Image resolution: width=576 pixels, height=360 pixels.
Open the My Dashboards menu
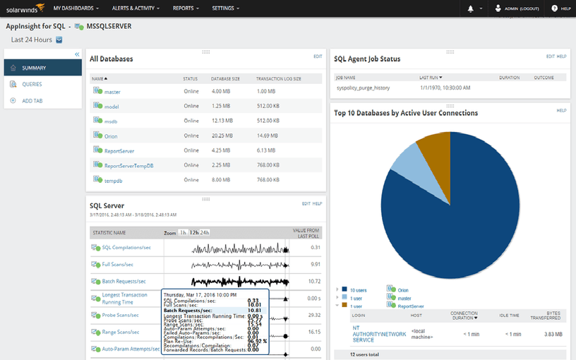click(76, 8)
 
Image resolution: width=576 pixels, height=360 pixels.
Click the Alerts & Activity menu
click(136, 8)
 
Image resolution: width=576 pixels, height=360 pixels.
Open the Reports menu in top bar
click(186, 8)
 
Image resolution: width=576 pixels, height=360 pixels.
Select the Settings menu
click(226, 8)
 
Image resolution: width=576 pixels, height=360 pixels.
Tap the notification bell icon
click(471, 8)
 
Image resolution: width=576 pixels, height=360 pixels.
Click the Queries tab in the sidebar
click(32, 84)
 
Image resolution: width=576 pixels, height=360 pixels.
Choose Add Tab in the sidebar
click(32, 101)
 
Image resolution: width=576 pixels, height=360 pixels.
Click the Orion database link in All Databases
click(111, 136)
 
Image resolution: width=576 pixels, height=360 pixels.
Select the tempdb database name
click(113, 180)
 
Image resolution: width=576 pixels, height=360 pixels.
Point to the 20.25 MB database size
click(222, 136)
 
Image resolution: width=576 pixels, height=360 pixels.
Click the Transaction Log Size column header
click(279, 78)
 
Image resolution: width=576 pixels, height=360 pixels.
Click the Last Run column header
click(431, 77)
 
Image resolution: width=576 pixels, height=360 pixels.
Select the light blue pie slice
click(405, 162)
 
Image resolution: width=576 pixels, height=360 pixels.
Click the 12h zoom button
click(193, 232)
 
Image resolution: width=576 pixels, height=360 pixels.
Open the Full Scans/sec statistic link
click(118, 264)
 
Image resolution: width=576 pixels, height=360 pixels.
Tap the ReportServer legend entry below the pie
click(411, 306)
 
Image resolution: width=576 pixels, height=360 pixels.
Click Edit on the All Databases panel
click(318, 56)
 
